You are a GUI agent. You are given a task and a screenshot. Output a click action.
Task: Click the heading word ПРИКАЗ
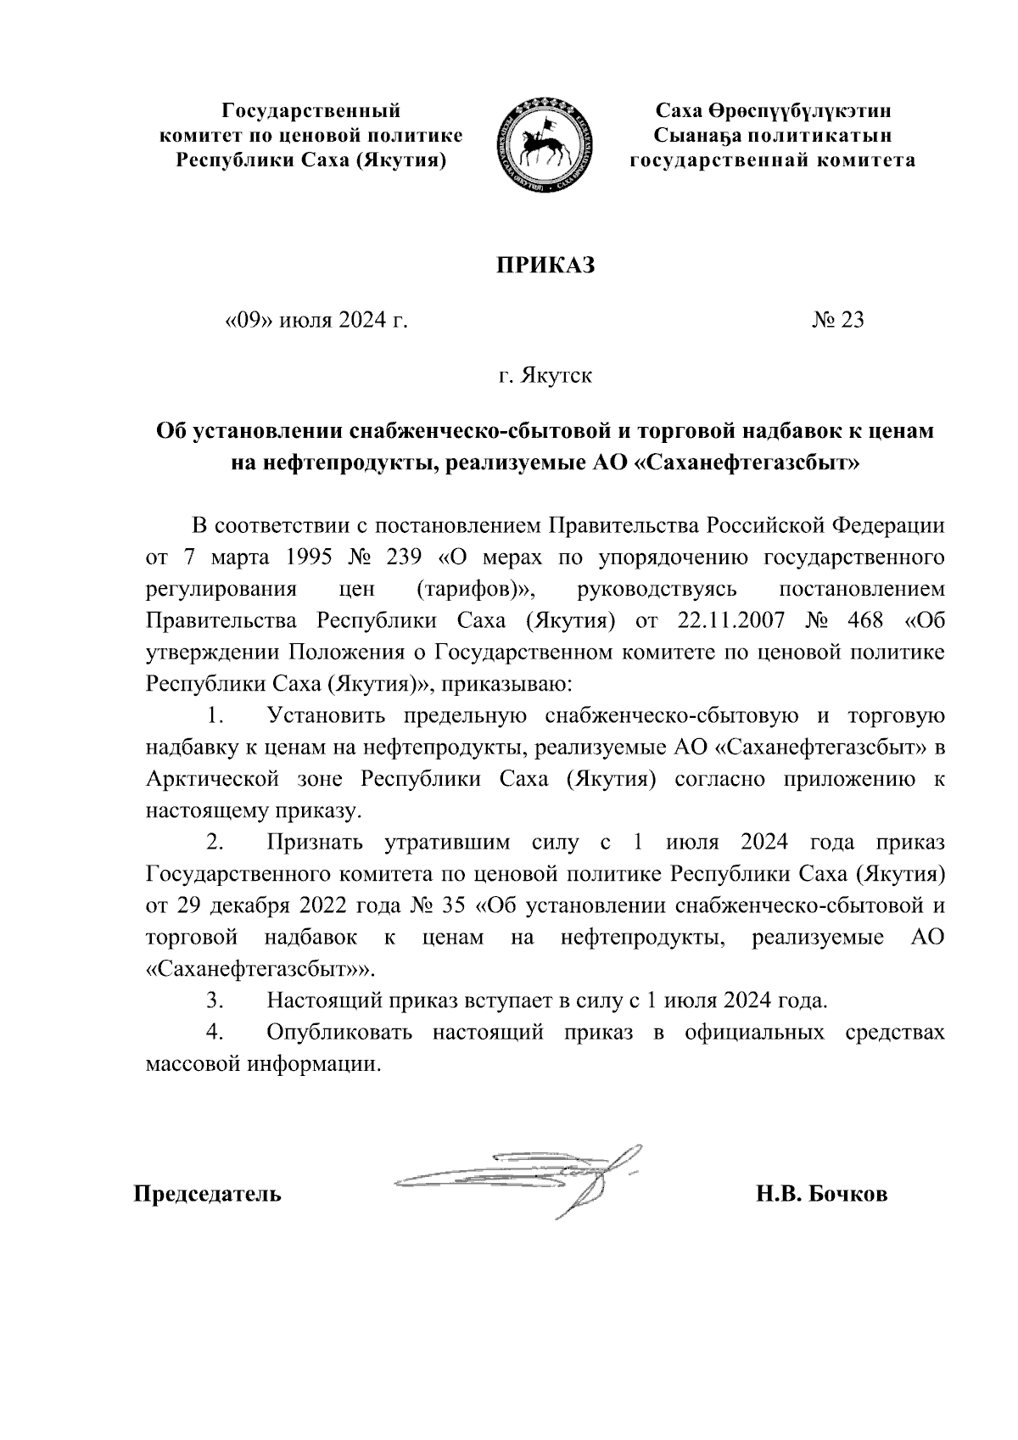point(545,266)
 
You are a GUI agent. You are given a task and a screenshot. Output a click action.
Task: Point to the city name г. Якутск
point(545,375)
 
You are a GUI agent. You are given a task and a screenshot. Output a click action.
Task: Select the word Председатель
point(207,1195)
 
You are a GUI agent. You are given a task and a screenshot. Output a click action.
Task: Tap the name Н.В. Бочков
point(822,1195)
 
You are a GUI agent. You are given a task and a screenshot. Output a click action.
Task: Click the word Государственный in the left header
point(310,111)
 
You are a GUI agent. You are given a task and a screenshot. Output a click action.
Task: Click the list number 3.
point(214,1000)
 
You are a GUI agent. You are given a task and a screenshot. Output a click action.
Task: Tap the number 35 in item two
point(454,905)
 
